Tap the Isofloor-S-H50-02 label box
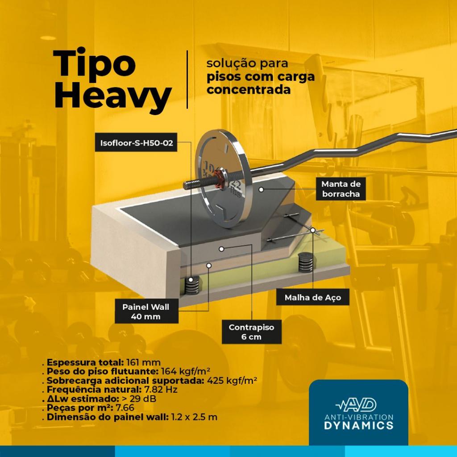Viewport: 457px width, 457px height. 136,143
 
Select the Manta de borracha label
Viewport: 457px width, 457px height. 341,189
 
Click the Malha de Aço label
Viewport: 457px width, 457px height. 313,298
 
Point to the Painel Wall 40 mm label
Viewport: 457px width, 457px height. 146,311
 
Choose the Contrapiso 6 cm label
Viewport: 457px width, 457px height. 252,332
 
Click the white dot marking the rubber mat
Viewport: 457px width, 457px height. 261,189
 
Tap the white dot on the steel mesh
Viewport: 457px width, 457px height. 313,230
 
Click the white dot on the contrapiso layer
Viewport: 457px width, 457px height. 221,249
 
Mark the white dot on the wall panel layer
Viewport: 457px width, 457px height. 209,265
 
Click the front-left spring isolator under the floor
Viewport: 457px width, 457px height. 192,285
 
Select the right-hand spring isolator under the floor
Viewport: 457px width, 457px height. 305,262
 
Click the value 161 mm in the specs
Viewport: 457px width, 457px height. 143,362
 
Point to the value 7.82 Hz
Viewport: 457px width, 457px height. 161,390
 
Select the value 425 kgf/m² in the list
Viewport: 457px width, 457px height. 232,381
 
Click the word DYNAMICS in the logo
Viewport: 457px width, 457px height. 359,425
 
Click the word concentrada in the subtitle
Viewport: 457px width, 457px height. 249,90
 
